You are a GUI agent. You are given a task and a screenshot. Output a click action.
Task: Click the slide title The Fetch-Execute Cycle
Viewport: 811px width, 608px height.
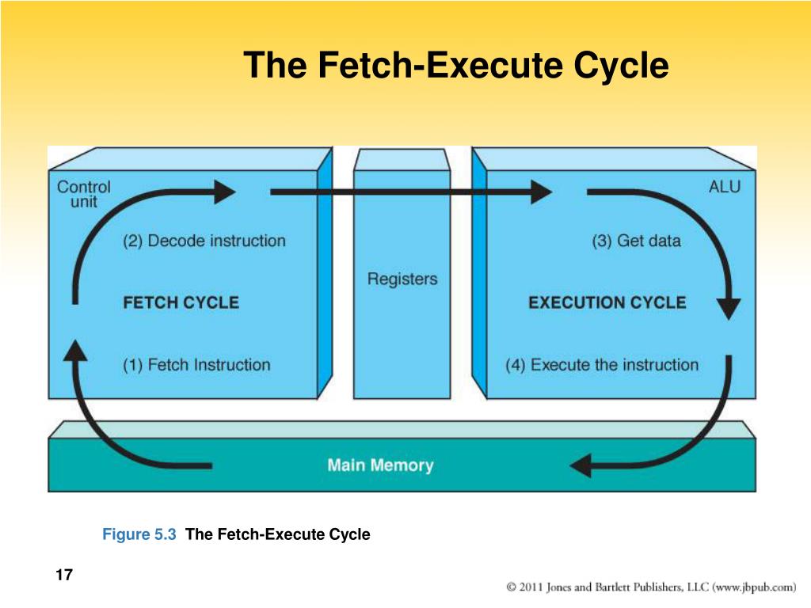point(456,65)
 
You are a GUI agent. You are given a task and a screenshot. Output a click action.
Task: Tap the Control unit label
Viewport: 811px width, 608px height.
point(84,194)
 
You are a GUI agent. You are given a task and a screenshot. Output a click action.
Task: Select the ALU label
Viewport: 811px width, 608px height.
point(724,187)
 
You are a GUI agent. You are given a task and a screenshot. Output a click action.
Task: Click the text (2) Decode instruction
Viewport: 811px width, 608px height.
point(204,241)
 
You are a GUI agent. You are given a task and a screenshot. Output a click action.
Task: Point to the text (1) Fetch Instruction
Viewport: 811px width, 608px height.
point(196,365)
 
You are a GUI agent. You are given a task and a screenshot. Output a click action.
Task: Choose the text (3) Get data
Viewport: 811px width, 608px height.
point(636,241)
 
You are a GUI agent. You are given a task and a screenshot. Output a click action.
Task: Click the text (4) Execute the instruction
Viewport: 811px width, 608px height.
point(602,365)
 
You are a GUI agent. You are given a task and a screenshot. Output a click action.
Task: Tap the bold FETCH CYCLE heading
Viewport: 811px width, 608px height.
point(181,302)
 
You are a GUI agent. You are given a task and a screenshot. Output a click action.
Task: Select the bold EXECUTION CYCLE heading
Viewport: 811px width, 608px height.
point(607,302)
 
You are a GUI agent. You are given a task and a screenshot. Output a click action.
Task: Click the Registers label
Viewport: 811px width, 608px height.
point(402,279)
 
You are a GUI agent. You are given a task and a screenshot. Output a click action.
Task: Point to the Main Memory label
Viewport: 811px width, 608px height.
point(380,465)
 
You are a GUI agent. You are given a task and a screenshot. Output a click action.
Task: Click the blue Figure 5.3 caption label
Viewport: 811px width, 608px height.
point(139,534)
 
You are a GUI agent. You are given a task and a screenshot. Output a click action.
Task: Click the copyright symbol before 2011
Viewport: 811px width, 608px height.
point(512,587)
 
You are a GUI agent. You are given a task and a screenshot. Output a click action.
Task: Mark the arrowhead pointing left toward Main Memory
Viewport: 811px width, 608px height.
point(581,465)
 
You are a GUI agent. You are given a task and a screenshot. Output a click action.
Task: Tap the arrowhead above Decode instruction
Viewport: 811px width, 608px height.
point(223,191)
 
